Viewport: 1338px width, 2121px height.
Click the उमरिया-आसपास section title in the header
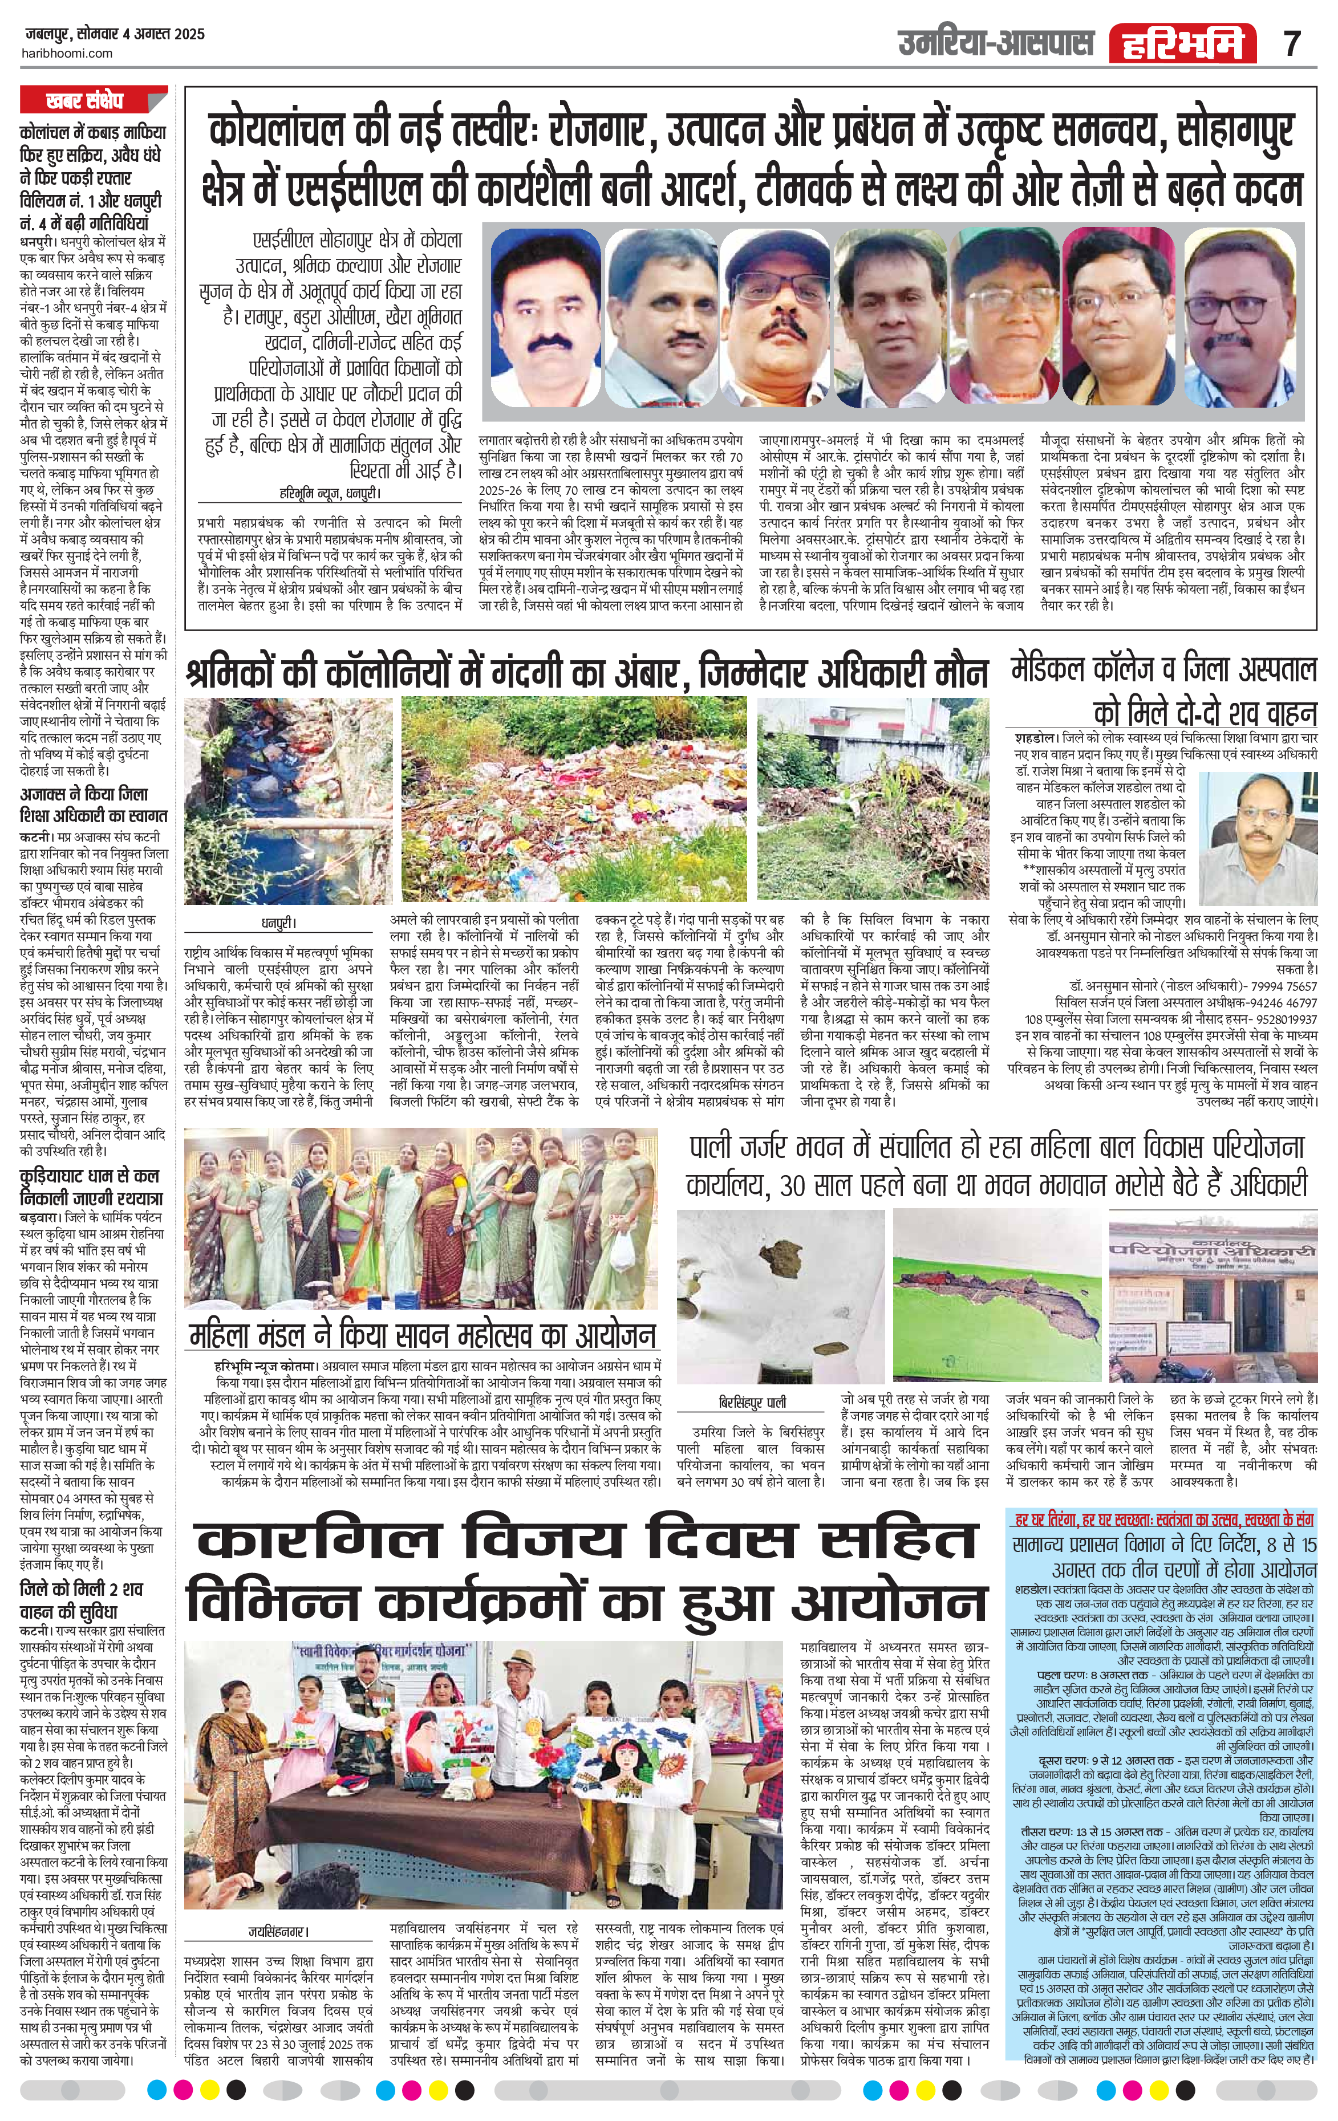point(995,42)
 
